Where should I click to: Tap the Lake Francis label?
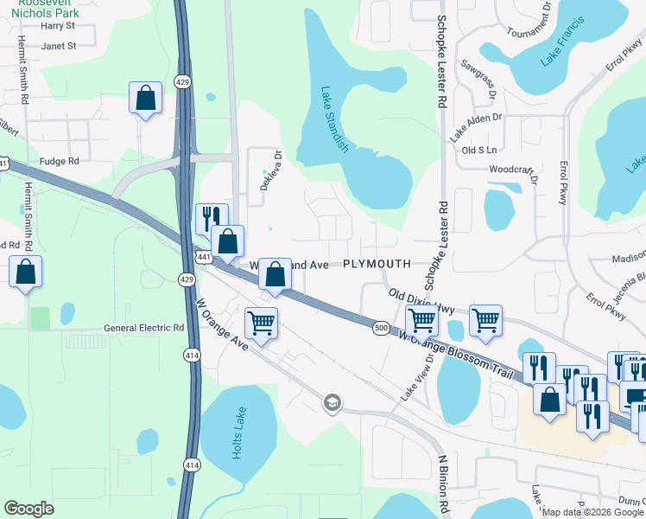coord(563,41)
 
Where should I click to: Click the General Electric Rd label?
coord(144,328)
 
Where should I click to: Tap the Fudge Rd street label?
coord(59,161)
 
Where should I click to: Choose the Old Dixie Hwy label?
coord(421,301)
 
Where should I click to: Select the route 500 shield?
coord(382,328)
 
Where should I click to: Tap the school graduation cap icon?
coord(332,402)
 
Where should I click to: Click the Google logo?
coord(28,509)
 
